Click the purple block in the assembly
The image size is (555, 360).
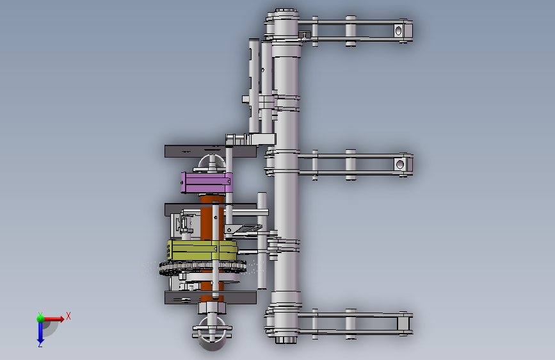[x=206, y=183]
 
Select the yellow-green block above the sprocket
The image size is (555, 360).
[x=202, y=250]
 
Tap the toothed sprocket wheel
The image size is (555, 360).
[x=202, y=268]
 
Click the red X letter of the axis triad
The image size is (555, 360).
[x=68, y=316]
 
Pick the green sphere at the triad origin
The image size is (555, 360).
[x=40, y=319]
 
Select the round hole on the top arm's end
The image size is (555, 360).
[x=398, y=31]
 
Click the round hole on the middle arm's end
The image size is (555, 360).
[x=400, y=165]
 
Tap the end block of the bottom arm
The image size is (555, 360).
[x=403, y=323]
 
